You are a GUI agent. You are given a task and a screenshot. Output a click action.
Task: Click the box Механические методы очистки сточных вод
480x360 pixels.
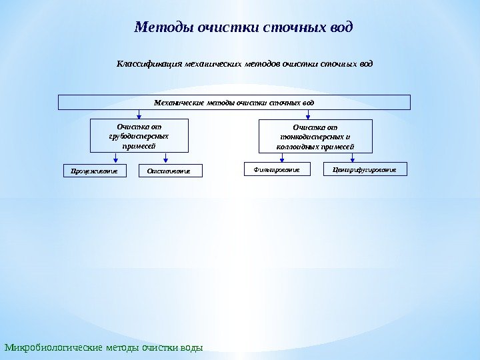(234, 103)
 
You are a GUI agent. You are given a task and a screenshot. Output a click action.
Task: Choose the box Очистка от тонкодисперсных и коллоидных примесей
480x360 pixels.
(315, 137)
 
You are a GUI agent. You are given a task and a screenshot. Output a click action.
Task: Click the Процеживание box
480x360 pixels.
(95, 171)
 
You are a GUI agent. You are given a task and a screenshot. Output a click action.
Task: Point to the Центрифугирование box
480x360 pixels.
(365, 170)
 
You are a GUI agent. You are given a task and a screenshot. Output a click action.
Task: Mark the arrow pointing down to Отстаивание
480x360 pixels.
(165, 158)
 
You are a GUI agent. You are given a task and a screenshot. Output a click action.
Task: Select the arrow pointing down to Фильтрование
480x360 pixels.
(282, 157)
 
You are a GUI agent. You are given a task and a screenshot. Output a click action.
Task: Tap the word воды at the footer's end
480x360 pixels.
(191, 347)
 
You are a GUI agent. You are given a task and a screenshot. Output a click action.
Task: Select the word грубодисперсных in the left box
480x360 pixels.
(139, 136)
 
